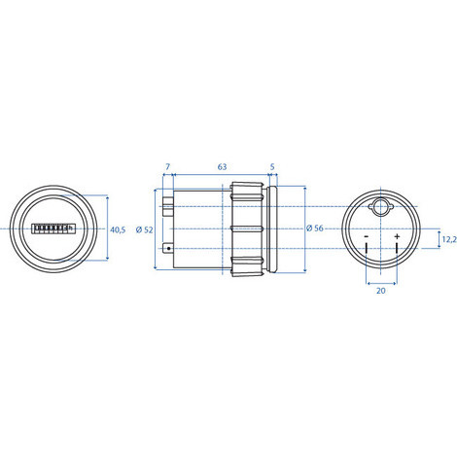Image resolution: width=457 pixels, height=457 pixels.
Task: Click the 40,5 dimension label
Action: [118, 229]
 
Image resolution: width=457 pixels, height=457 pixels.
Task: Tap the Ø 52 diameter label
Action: [146, 229]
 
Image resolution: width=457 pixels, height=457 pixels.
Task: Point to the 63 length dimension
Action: [222, 168]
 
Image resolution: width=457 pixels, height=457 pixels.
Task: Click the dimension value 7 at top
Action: [167, 168]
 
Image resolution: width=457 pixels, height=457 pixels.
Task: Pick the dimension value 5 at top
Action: [270, 168]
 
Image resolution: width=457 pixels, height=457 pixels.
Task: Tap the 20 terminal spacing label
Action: [381, 290]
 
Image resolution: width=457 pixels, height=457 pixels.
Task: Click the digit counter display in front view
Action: [53, 229]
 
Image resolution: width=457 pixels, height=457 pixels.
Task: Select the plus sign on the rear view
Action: [398, 236]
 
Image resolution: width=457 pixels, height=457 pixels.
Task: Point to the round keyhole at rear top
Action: [381, 208]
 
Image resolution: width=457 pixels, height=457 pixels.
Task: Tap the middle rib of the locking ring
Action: [247, 228]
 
